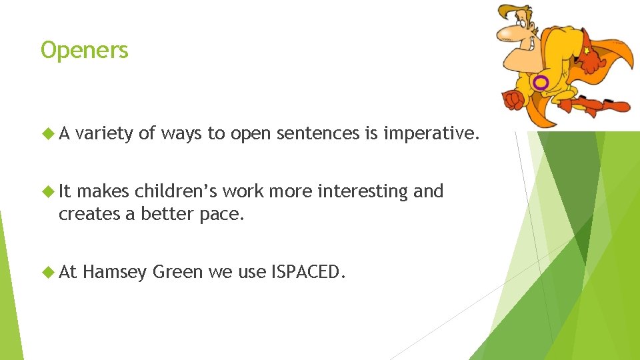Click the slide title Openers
tap(85, 51)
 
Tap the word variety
tap(104, 134)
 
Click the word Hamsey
tap(115, 272)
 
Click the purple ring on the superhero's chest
tap(541, 82)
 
